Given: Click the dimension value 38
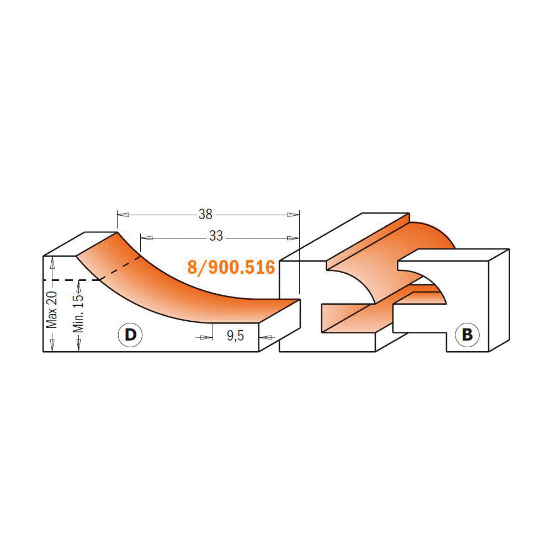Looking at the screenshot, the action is (205, 214).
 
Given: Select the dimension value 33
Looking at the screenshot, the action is (216, 236).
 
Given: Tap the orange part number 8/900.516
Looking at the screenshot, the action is (231, 267).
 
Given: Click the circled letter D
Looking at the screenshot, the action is (131, 335).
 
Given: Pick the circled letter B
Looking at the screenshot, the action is (467, 335).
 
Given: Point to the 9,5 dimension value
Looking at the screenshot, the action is (236, 336).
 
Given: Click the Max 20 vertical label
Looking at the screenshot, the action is (52, 310).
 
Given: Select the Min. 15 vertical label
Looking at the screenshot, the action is (78, 313).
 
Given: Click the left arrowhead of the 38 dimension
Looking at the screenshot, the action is (123, 215).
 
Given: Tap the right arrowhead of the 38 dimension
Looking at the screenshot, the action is (293, 215).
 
